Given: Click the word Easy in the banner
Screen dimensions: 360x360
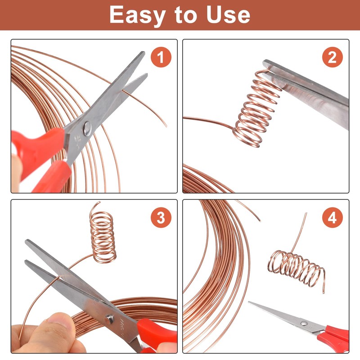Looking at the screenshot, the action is tap(138, 15).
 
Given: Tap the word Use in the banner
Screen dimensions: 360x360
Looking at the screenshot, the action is tap(228, 14).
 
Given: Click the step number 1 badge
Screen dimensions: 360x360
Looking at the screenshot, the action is tap(161, 57).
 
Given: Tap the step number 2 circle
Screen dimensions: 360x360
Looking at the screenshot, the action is tap(332, 57).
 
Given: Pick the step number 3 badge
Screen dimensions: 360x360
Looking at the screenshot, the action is tap(161, 217).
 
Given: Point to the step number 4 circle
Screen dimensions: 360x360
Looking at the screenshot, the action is tap(332, 217).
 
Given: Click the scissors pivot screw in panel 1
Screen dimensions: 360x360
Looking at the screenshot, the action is tap(87, 129).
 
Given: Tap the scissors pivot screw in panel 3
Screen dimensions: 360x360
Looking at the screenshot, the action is tap(109, 319).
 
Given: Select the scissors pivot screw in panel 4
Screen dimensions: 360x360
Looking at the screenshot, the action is tap(305, 324).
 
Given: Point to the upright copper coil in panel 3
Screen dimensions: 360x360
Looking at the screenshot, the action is tap(102, 233).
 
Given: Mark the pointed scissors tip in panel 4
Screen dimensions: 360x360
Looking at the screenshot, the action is tap(249, 302).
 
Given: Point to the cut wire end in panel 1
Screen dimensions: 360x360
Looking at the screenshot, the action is tap(166, 126).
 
